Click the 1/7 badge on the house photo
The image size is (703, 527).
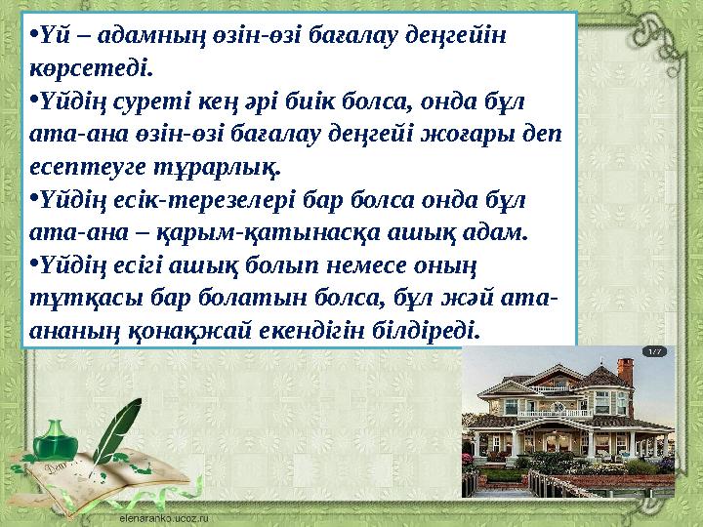(656, 350)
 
